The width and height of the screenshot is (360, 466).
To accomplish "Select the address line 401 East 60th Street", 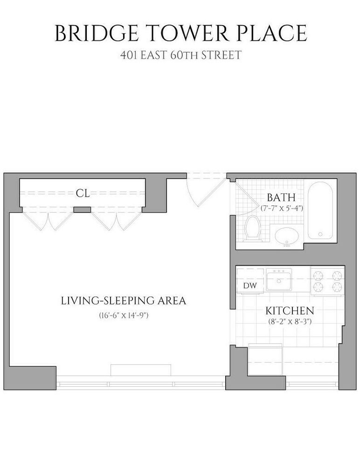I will pyautogui.click(x=180, y=55).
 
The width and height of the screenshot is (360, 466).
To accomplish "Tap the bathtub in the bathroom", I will pyautogui.click(x=320, y=211).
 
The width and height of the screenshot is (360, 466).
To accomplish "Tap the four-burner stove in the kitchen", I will pyautogui.click(x=328, y=281).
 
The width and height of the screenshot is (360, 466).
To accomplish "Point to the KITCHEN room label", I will pyautogui.click(x=290, y=310).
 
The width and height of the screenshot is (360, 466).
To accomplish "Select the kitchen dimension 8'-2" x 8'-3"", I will pyautogui.click(x=290, y=322).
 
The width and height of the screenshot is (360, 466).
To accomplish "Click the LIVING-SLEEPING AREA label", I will pyautogui.click(x=124, y=301).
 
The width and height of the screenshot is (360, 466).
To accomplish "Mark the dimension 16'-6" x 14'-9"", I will pyautogui.click(x=124, y=315).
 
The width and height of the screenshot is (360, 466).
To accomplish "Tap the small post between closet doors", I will pyautogui.click(x=83, y=209).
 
